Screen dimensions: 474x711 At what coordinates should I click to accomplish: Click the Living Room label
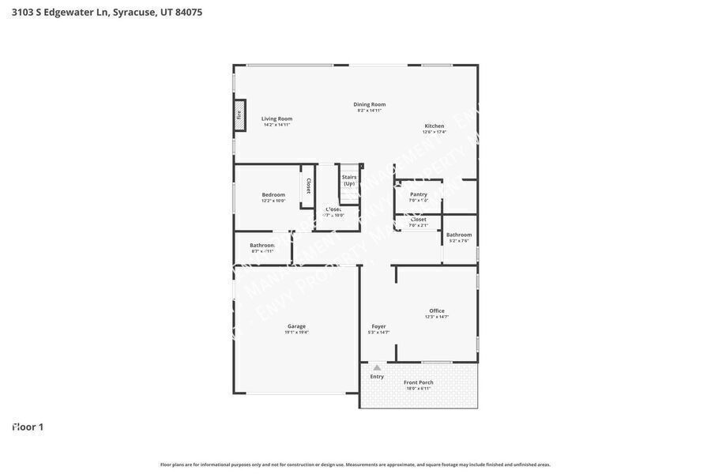pos(276,118)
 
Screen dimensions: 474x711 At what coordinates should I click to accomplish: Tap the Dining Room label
pos(369,104)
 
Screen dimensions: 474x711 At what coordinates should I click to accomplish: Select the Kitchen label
pos(434,126)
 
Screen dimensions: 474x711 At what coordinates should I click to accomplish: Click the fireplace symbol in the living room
pos(239,115)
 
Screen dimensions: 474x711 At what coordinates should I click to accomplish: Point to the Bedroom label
pos(273,194)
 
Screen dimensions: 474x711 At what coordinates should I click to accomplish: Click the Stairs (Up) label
pos(349,180)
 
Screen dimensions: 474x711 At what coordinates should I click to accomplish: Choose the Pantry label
pos(418,194)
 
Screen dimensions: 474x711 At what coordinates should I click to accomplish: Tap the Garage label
pos(296,326)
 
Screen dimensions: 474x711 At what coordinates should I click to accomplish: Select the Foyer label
pos(378,326)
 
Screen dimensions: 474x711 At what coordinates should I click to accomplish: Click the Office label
pos(437,310)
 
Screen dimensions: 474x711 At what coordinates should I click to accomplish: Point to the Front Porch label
pos(418,382)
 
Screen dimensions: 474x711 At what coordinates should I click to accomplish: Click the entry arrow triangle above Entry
pos(377,367)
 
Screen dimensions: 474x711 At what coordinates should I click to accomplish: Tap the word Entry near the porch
pos(377,377)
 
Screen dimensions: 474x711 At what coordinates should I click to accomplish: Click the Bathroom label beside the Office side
pos(459,235)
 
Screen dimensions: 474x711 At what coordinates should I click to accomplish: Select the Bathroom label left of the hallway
pos(262,245)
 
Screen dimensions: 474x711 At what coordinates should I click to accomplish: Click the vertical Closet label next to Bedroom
pos(308,186)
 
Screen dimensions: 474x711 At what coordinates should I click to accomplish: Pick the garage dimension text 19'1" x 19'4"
pos(296,333)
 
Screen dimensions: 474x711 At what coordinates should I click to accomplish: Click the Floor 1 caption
pos(28,427)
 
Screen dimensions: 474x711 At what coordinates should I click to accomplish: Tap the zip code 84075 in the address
pos(189,12)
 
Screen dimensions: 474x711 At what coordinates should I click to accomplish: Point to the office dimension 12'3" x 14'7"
pos(437,317)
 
